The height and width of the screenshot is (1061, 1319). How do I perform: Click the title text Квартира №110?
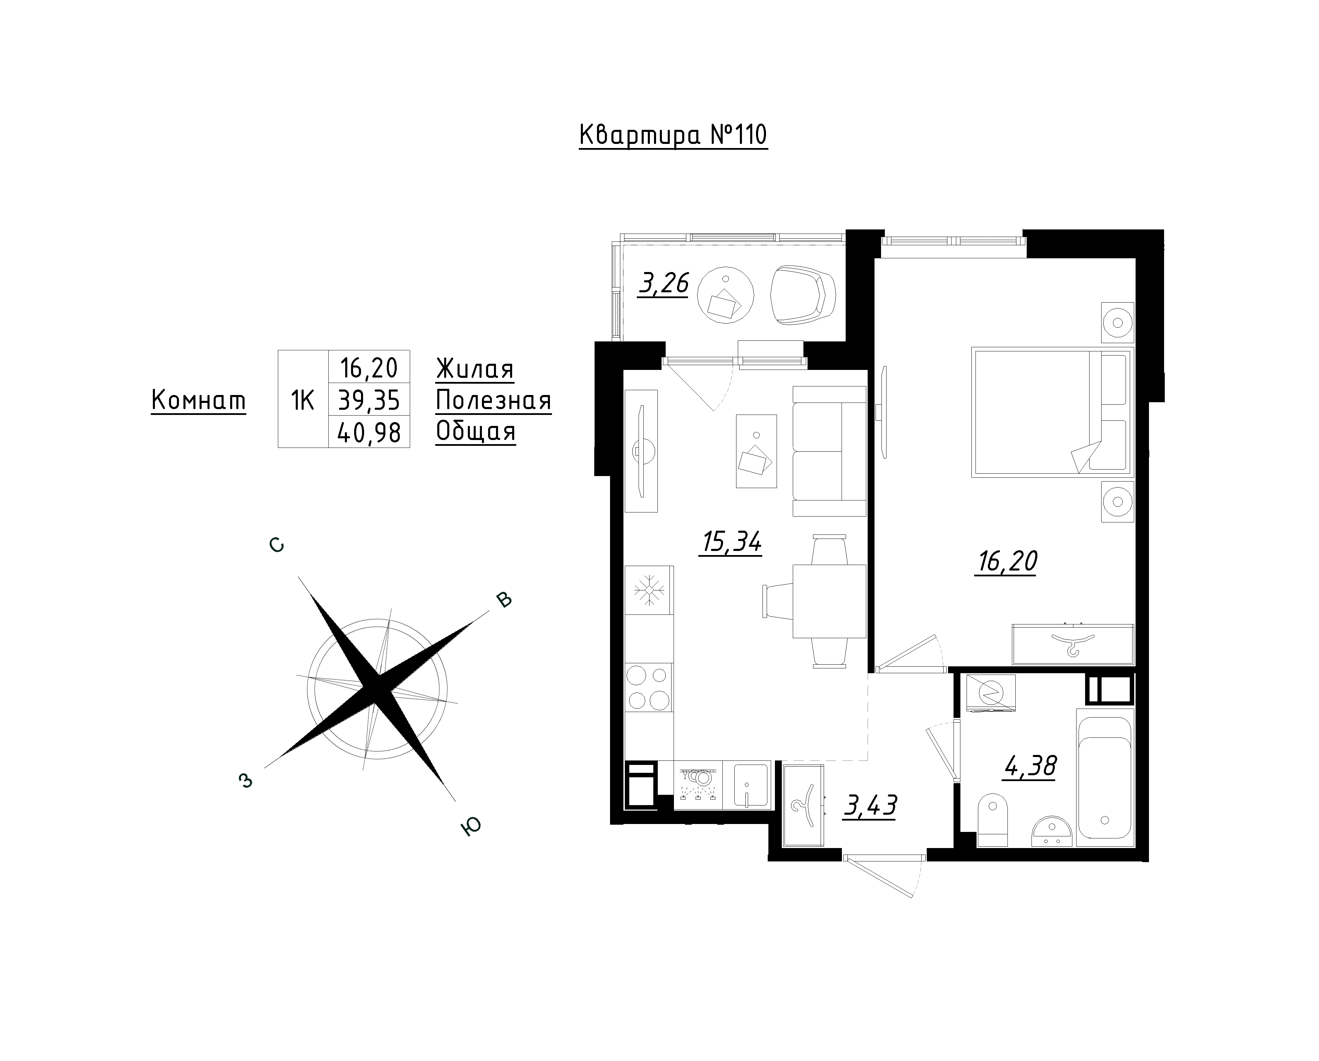click(673, 135)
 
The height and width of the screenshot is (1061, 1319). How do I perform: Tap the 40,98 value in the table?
click(369, 432)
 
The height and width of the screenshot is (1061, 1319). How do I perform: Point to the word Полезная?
click(493, 401)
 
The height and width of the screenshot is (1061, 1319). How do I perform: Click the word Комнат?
click(198, 401)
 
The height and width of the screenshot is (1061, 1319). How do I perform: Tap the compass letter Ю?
click(471, 827)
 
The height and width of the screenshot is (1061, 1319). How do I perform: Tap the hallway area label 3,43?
click(870, 806)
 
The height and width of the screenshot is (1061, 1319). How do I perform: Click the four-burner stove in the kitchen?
click(649, 687)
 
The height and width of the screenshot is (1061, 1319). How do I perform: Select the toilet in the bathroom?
click(992, 820)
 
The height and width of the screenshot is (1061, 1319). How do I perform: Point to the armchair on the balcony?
click(803, 295)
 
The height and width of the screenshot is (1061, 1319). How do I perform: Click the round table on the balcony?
click(725, 295)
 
